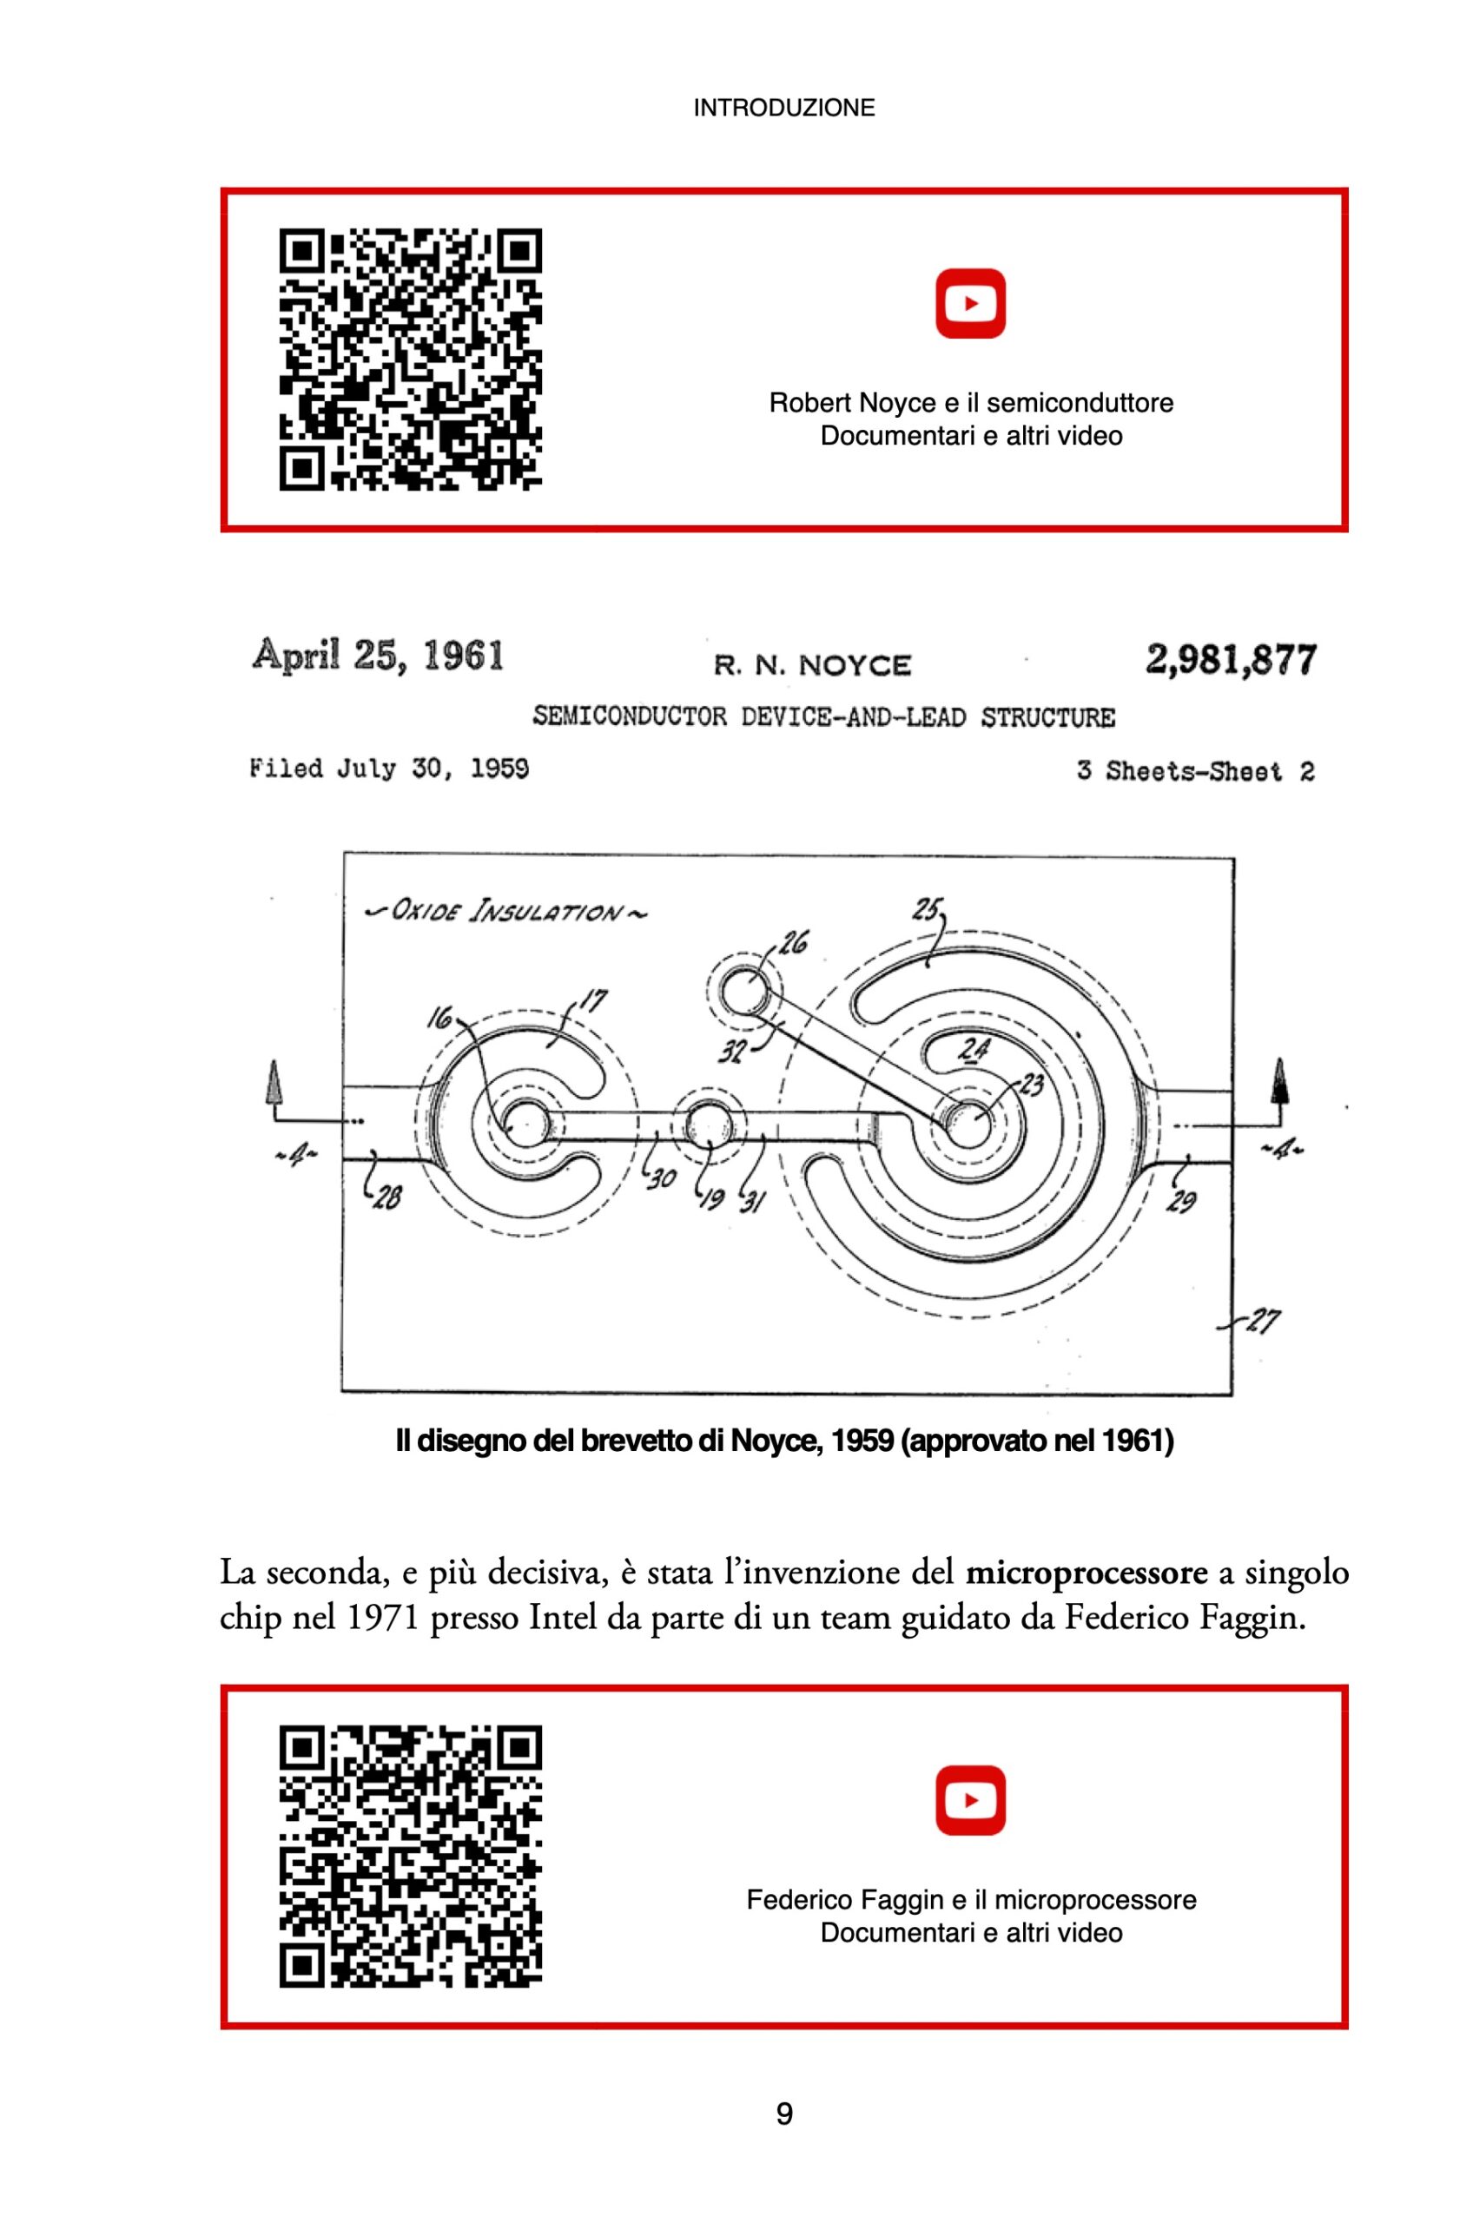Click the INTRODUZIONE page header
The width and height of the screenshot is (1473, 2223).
(x=783, y=108)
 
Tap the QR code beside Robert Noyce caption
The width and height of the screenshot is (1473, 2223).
(x=411, y=359)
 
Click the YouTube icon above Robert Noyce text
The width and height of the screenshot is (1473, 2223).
(x=970, y=303)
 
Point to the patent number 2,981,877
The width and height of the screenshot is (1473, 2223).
(x=1230, y=659)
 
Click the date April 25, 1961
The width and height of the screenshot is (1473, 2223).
(x=378, y=656)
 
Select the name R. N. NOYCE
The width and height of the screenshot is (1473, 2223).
(x=812, y=666)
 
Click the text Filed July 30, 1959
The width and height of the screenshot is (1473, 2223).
(x=389, y=769)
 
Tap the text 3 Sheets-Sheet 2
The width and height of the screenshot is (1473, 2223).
(x=1195, y=772)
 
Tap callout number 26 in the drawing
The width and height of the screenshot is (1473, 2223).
(x=793, y=941)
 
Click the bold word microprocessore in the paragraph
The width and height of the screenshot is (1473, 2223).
(x=1086, y=1572)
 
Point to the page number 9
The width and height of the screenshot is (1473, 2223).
(x=784, y=2114)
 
